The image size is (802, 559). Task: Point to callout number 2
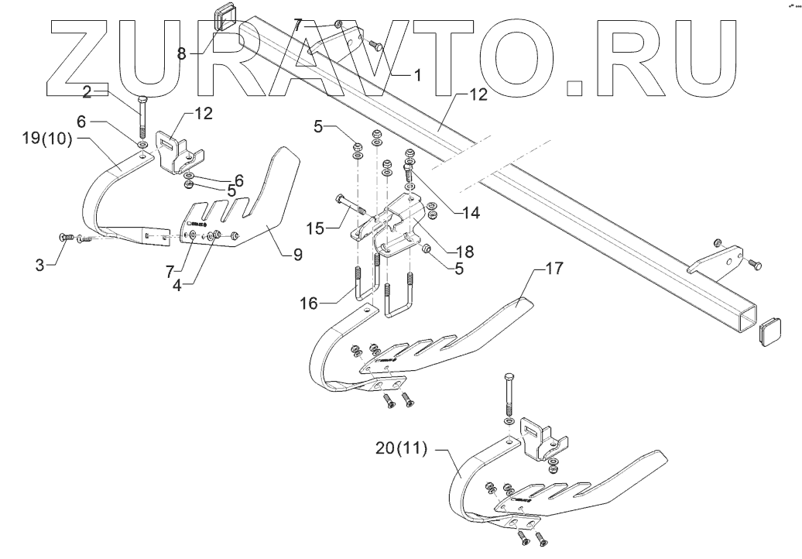[87, 92]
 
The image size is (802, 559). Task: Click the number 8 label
[181, 53]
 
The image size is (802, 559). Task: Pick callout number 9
[297, 253]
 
